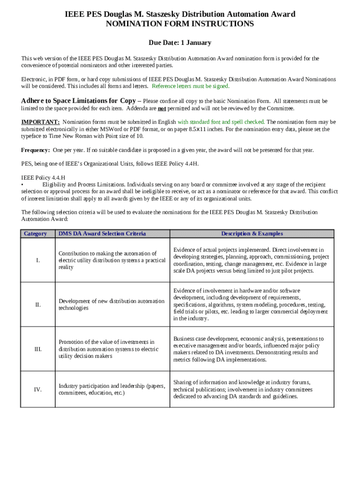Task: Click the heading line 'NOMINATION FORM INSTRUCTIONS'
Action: (180, 24)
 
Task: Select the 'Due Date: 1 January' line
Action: (180, 43)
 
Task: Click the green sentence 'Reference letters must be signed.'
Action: (191, 86)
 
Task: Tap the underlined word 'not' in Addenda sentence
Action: (162, 108)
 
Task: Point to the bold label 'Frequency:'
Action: (36, 150)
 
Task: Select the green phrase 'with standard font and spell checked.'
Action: (221, 122)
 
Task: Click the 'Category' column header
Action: (36, 233)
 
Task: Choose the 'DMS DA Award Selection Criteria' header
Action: (102, 233)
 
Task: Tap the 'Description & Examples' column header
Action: (252, 233)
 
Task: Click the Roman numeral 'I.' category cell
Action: (37, 260)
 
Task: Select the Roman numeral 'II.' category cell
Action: (37, 305)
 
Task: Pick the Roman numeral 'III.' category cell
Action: (37, 349)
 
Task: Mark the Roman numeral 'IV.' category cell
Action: (37, 389)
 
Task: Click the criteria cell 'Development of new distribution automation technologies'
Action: (111, 305)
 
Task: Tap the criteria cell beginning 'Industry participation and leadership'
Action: (111, 389)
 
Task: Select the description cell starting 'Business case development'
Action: (248, 349)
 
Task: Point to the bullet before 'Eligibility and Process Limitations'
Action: (22, 185)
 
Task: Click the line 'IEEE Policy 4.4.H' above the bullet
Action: (43, 178)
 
